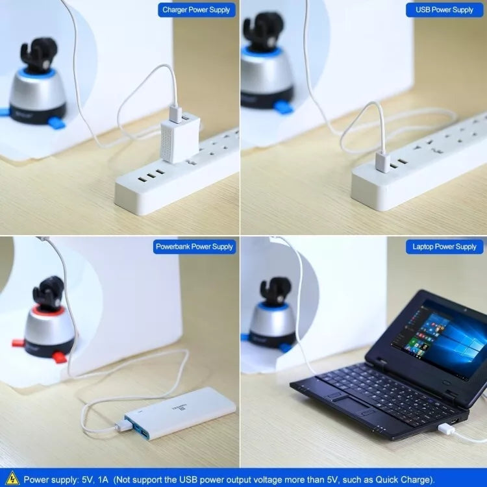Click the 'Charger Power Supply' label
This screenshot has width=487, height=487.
196,10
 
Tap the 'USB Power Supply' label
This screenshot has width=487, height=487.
444,10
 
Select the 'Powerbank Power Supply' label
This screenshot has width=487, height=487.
194,247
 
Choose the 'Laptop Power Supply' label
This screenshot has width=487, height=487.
444,247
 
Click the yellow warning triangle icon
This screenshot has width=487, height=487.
12,479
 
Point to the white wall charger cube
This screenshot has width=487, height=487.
180,138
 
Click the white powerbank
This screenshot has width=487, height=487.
180,412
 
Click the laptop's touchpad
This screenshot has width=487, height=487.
353,405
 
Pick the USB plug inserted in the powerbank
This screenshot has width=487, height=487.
123,426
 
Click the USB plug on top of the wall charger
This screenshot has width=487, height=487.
175,114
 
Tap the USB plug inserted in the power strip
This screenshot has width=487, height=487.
382,161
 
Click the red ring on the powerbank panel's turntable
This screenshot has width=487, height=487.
47,310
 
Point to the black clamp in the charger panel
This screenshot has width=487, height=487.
39,55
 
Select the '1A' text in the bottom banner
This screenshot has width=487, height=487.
103,479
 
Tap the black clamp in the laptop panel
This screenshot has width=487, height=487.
276,291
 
